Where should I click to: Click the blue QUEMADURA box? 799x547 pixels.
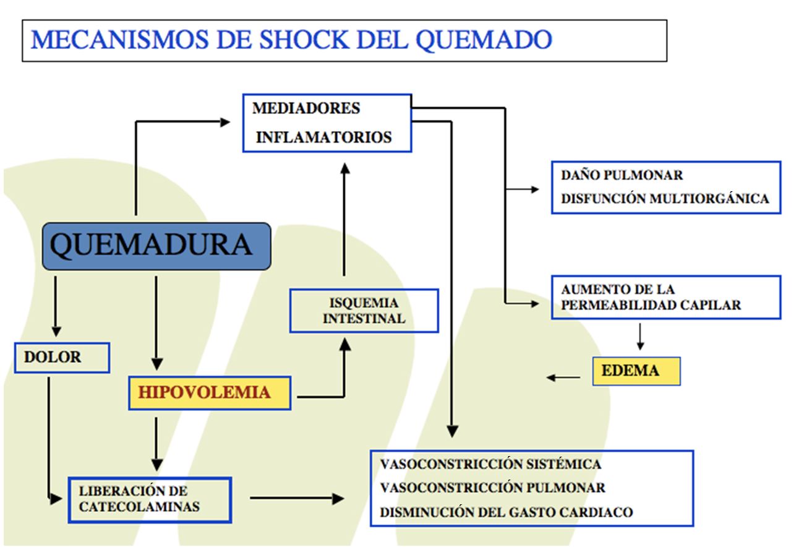coord(156,246)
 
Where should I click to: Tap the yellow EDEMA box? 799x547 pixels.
coord(636,371)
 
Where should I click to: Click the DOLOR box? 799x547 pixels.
coord(62,358)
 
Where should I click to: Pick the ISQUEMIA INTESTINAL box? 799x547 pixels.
coord(364,311)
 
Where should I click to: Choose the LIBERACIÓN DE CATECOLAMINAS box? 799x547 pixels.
coord(149,499)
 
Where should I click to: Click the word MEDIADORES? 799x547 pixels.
coord(306,108)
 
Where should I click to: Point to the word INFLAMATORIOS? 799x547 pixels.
coord(323,137)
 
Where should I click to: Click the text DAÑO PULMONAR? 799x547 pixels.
coord(622,175)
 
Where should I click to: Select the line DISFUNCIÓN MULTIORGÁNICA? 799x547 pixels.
coord(665,199)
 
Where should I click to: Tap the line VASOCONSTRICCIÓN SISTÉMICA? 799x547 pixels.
coord(490,464)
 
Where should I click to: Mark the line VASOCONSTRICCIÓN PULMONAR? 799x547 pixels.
coord(492,488)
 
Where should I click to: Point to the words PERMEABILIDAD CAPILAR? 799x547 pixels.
coord(651,305)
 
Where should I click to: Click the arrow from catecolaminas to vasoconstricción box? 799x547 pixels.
coord(297,498)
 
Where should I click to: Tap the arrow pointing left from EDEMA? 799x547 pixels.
coord(563,377)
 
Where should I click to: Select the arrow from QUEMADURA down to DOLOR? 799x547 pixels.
coord(56,306)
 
